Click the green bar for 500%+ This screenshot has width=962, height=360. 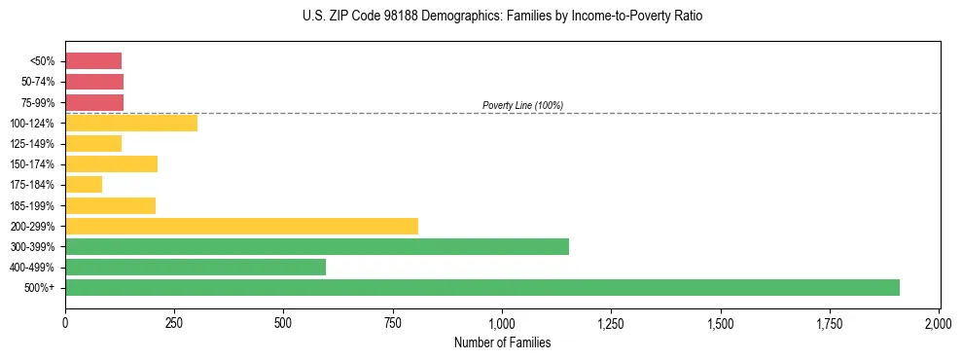[481, 287]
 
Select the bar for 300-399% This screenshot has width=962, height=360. [316, 246]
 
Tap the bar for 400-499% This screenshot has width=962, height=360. [195, 267]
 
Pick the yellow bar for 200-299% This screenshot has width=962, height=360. [241, 226]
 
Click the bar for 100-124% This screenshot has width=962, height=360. [131, 123]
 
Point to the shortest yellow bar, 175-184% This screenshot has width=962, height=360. [84, 184]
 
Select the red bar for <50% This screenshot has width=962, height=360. [93, 60]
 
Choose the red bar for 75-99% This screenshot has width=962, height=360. [94, 102]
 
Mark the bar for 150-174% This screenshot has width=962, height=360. [111, 163]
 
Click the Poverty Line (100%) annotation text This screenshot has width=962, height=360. [522, 105]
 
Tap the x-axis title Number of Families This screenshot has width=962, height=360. [502, 342]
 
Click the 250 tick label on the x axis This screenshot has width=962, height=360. [174, 322]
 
